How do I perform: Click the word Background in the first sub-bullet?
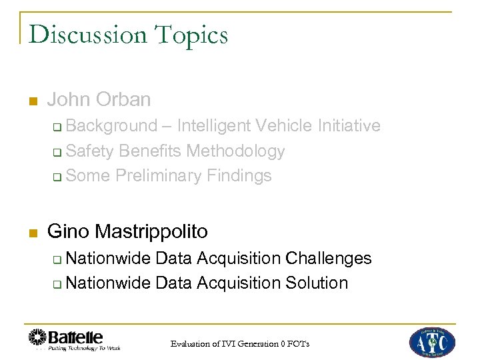click(112, 126)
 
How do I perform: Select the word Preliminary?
click(159, 176)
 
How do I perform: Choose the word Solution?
click(317, 283)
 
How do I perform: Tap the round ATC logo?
click(432, 342)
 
